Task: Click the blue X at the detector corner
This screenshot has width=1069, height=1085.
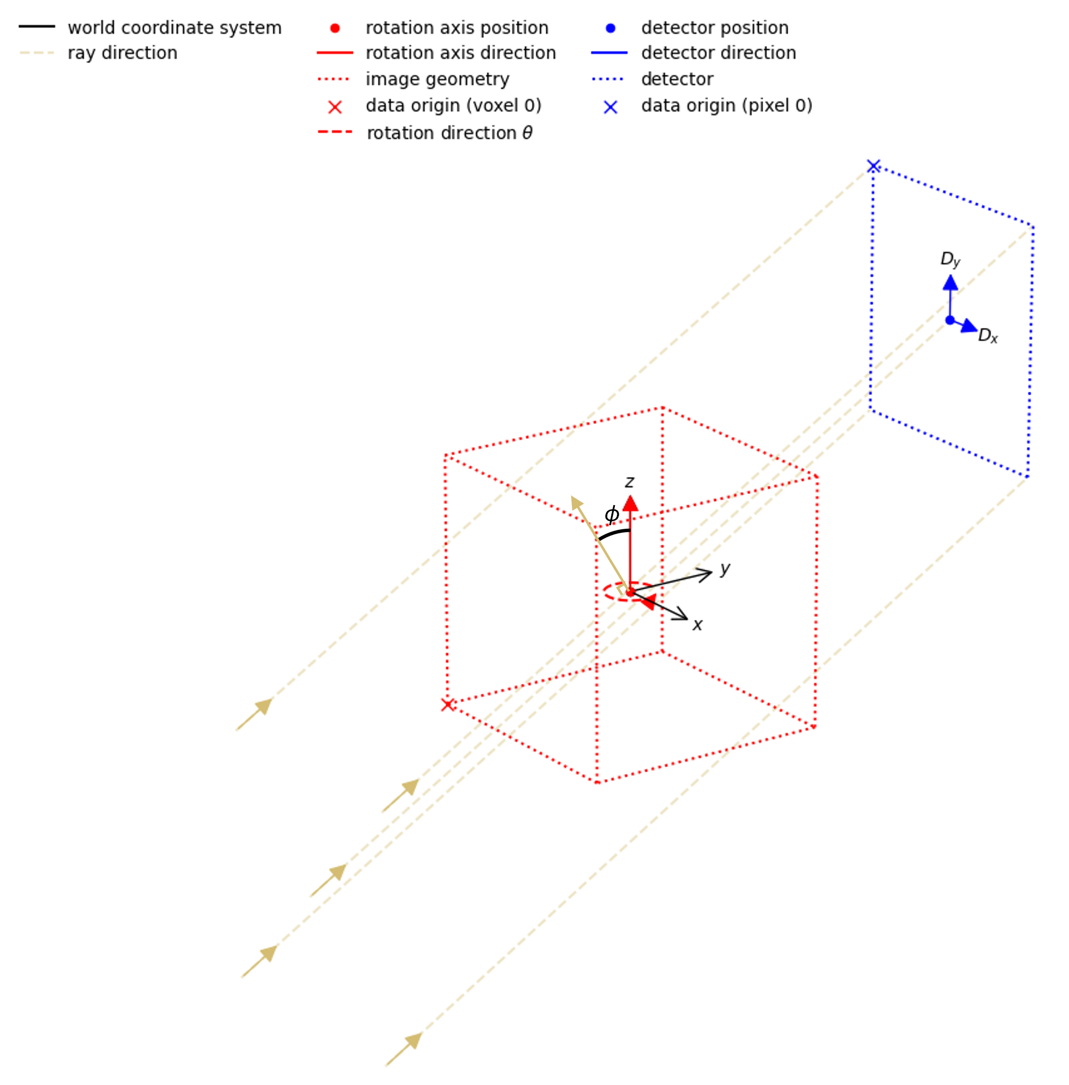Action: [x=873, y=166]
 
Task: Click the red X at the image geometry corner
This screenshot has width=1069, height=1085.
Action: [x=448, y=704]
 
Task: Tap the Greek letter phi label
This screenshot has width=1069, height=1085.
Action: [x=611, y=514]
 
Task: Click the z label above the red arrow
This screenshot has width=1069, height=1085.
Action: [x=629, y=482]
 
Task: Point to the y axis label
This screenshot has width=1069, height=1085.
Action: [x=725, y=569]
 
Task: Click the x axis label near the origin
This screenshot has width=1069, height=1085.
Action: [x=697, y=625]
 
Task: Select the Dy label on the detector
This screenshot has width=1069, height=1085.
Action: [x=950, y=259]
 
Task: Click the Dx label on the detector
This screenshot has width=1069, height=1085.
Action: [x=987, y=335]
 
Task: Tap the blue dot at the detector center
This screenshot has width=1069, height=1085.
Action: [x=950, y=320]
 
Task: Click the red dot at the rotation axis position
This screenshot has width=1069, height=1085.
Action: [x=630, y=592]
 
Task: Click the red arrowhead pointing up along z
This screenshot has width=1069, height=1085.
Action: [x=630, y=504]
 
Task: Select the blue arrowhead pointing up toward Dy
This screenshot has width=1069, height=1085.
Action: [x=950, y=282]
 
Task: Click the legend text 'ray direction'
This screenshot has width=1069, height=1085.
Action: [x=122, y=53]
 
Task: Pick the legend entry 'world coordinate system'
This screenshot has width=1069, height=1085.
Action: [x=174, y=28]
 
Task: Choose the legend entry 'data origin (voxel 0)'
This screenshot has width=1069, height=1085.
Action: [x=453, y=106]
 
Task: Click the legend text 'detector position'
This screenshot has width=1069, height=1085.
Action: [x=715, y=28]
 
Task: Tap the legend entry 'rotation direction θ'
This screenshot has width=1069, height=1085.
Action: [x=449, y=133]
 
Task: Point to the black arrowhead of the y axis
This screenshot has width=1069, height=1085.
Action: [x=706, y=574]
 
